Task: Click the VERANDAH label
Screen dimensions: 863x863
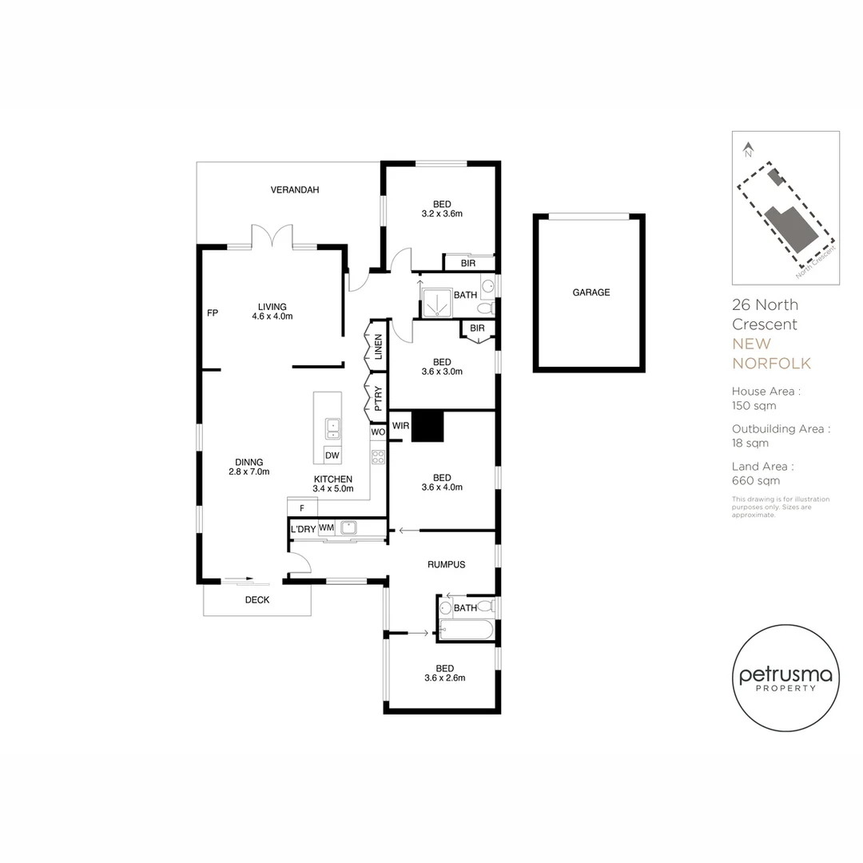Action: point(294,190)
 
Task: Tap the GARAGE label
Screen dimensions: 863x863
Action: point(591,292)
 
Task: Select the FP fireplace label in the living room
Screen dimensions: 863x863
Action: point(213,312)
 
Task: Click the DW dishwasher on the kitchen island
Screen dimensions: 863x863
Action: point(332,455)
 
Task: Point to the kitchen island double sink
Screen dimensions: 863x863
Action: point(333,429)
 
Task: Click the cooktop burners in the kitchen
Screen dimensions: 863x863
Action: point(378,457)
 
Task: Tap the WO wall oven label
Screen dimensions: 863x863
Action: point(377,432)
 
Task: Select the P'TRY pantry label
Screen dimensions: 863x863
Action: point(378,399)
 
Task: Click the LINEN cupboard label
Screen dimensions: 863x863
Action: point(378,347)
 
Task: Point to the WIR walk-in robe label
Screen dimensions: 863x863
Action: point(400,425)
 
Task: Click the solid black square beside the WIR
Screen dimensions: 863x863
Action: point(428,426)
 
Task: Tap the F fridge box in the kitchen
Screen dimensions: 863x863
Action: point(302,507)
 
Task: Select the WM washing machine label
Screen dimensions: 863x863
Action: point(326,527)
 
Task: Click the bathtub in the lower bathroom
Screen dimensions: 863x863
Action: point(467,630)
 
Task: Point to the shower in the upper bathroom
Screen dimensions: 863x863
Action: point(437,304)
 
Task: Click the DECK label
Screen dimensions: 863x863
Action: point(257,600)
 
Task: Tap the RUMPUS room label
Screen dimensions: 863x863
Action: point(447,565)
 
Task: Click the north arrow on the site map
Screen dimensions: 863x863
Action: point(748,149)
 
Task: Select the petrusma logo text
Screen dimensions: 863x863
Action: point(785,674)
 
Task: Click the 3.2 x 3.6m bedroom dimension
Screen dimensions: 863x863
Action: point(442,213)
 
